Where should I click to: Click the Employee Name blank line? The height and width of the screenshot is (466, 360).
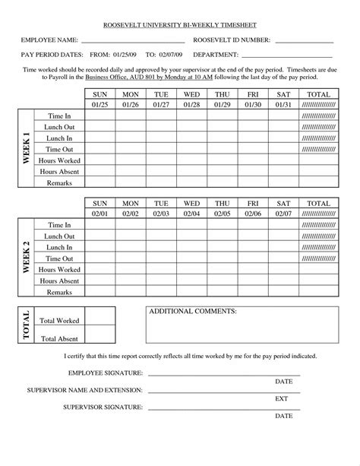(133, 41)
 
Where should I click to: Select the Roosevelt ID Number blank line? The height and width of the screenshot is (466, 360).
(304, 41)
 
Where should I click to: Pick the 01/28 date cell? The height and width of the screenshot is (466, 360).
(192, 104)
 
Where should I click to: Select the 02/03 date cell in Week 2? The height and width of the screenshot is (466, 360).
(161, 215)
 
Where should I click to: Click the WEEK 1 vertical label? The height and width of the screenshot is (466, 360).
(25, 150)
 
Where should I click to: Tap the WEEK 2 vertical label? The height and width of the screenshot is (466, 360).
(25, 259)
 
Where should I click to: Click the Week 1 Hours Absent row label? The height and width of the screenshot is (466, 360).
(59, 172)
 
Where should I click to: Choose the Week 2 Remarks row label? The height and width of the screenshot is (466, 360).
(59, 293)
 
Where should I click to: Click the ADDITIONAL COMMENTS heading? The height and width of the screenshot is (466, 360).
(193, 312)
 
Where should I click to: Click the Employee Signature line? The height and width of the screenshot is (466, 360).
(224, 374)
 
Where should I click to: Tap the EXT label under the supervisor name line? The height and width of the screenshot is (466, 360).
(281, 398)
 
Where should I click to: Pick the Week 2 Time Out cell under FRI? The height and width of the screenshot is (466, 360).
(254, 259)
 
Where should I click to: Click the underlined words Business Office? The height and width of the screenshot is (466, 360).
(105, 77)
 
